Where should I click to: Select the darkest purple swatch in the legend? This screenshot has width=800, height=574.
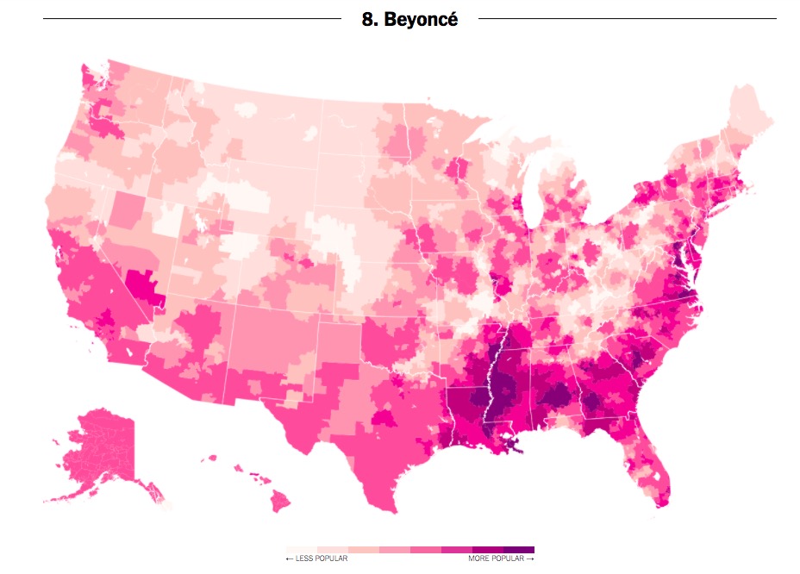(519, 549)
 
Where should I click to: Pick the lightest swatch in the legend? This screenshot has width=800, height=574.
(302, 549)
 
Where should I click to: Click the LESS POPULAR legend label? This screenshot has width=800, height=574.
(321, 559)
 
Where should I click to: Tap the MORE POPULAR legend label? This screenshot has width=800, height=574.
(497, 559)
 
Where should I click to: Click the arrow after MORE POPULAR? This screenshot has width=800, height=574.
(530, 559)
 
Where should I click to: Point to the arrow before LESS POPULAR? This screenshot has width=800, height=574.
(290, 559)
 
